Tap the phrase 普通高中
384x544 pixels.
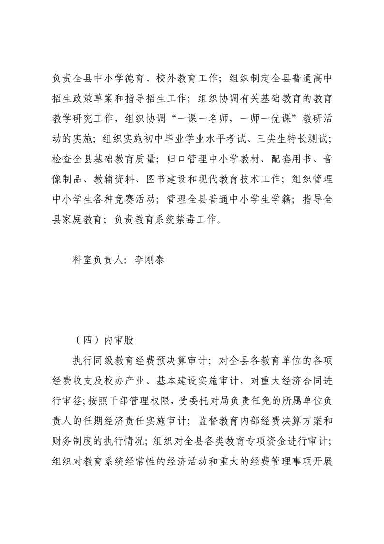(307, 78)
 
